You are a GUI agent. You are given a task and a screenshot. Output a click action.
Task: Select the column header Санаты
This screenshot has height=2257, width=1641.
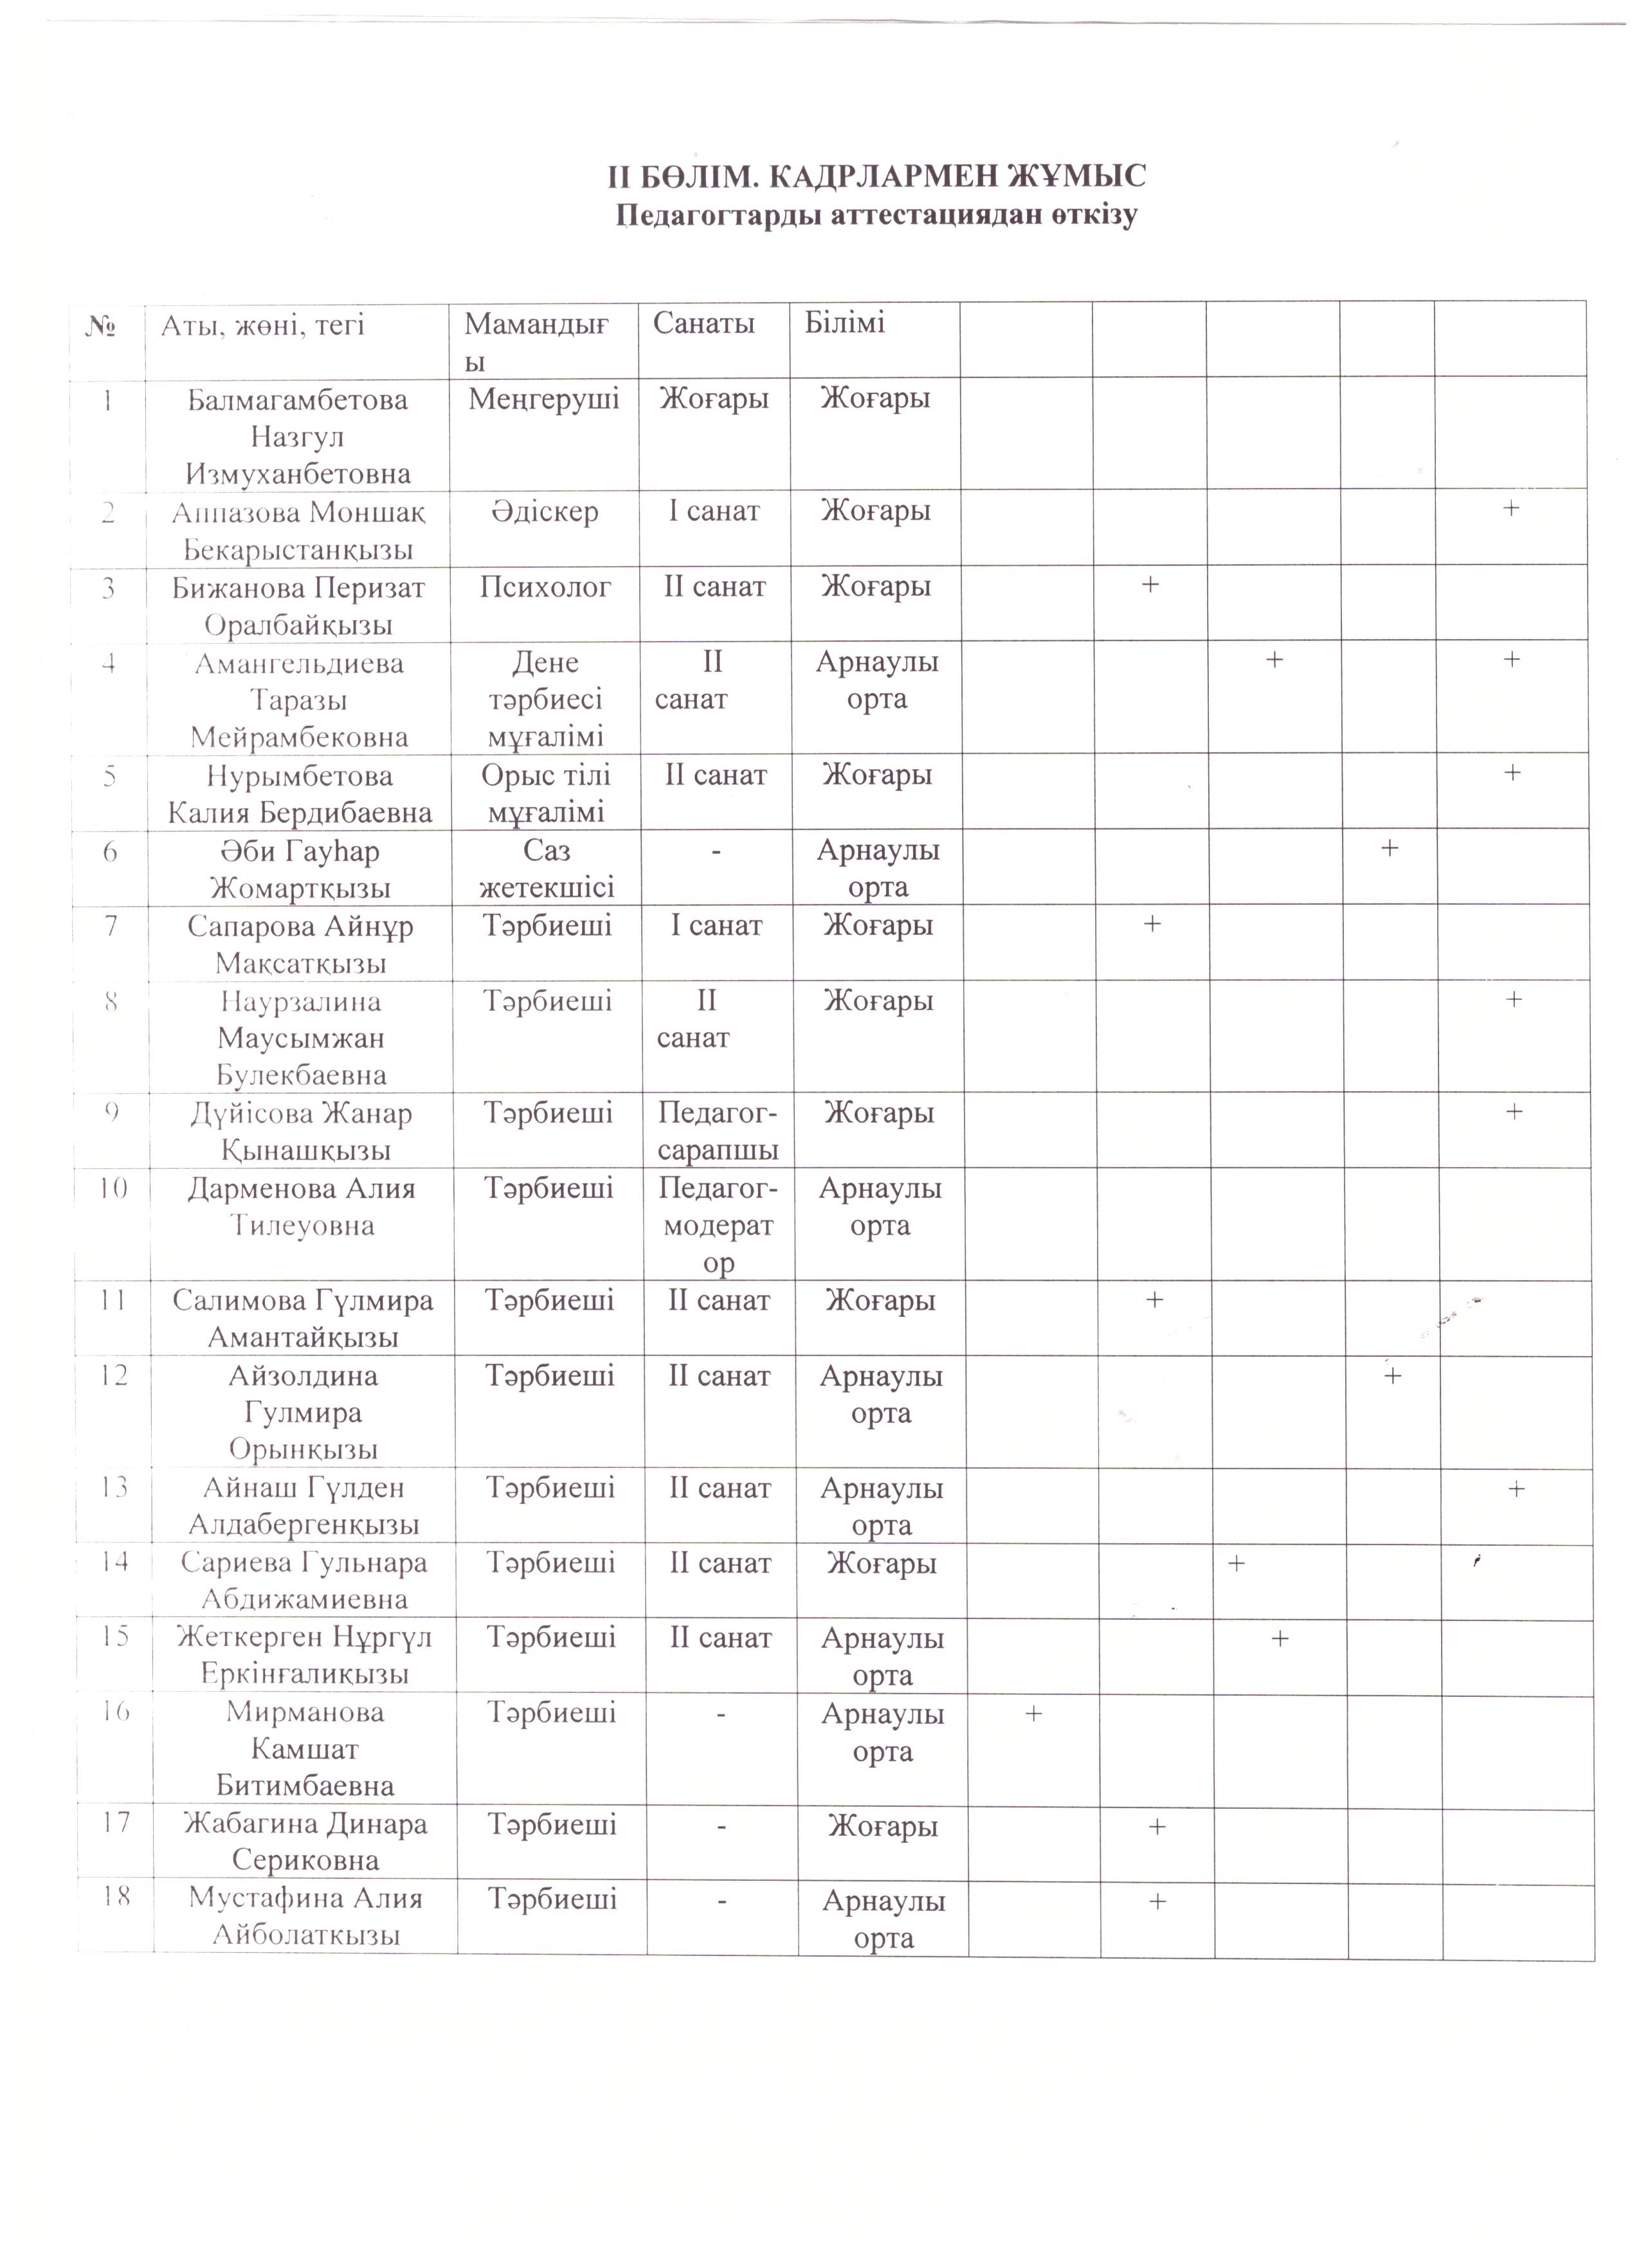(703, 323)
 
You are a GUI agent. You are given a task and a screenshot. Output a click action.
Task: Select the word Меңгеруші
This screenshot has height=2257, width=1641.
(543, 399)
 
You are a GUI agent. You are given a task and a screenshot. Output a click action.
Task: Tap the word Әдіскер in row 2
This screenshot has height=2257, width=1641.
(545, 511)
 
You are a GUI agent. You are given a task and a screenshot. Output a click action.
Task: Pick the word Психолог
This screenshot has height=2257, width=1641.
(545, 587)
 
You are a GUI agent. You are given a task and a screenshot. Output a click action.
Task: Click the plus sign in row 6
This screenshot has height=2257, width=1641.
(1390, 848)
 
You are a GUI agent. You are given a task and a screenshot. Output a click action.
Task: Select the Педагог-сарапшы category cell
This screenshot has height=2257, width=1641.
(718, 1132)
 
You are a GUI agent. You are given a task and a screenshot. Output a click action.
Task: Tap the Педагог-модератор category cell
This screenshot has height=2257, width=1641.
(718, 1225)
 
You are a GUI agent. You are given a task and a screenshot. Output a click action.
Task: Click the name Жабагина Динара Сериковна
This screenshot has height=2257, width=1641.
(305, 1842)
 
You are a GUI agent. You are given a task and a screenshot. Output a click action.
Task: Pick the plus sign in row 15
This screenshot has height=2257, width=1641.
(1281, 1638)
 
